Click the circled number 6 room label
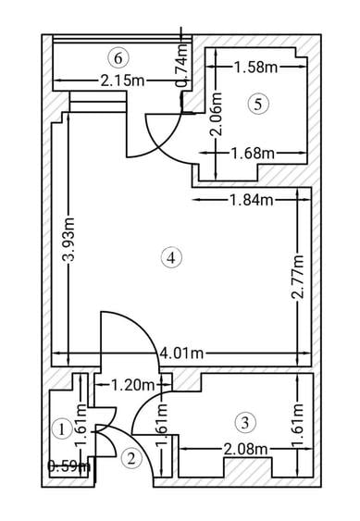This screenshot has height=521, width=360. [x=118, y=58]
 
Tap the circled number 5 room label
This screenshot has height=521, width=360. [x=258, y=105]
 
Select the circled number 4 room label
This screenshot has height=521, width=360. [x=171, y=257]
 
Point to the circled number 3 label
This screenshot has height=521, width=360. [x=245, y=423]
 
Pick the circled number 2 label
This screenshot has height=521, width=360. [x=131, y=459]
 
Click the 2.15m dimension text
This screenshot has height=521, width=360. [x=123, y=81]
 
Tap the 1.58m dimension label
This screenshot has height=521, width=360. [x=256, y=68]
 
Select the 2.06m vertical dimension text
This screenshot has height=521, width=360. [x=217, y=115]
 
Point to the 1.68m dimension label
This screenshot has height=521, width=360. [x=254, y=154]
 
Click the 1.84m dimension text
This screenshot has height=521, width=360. [x=252, y=200]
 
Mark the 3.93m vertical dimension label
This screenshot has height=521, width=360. [x=69, y=240]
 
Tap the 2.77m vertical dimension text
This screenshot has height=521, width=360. [x=297, y=278]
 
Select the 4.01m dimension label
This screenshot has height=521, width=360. [x=181, y=354]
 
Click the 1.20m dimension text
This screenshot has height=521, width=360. [x=133, y=386]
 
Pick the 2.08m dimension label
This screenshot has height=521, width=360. [x=245, y=449]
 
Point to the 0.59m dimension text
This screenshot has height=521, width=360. [x=68, y=466]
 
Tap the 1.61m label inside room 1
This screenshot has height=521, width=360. [x=81, y=427]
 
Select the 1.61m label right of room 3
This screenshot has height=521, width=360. [x=297, y=426]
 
